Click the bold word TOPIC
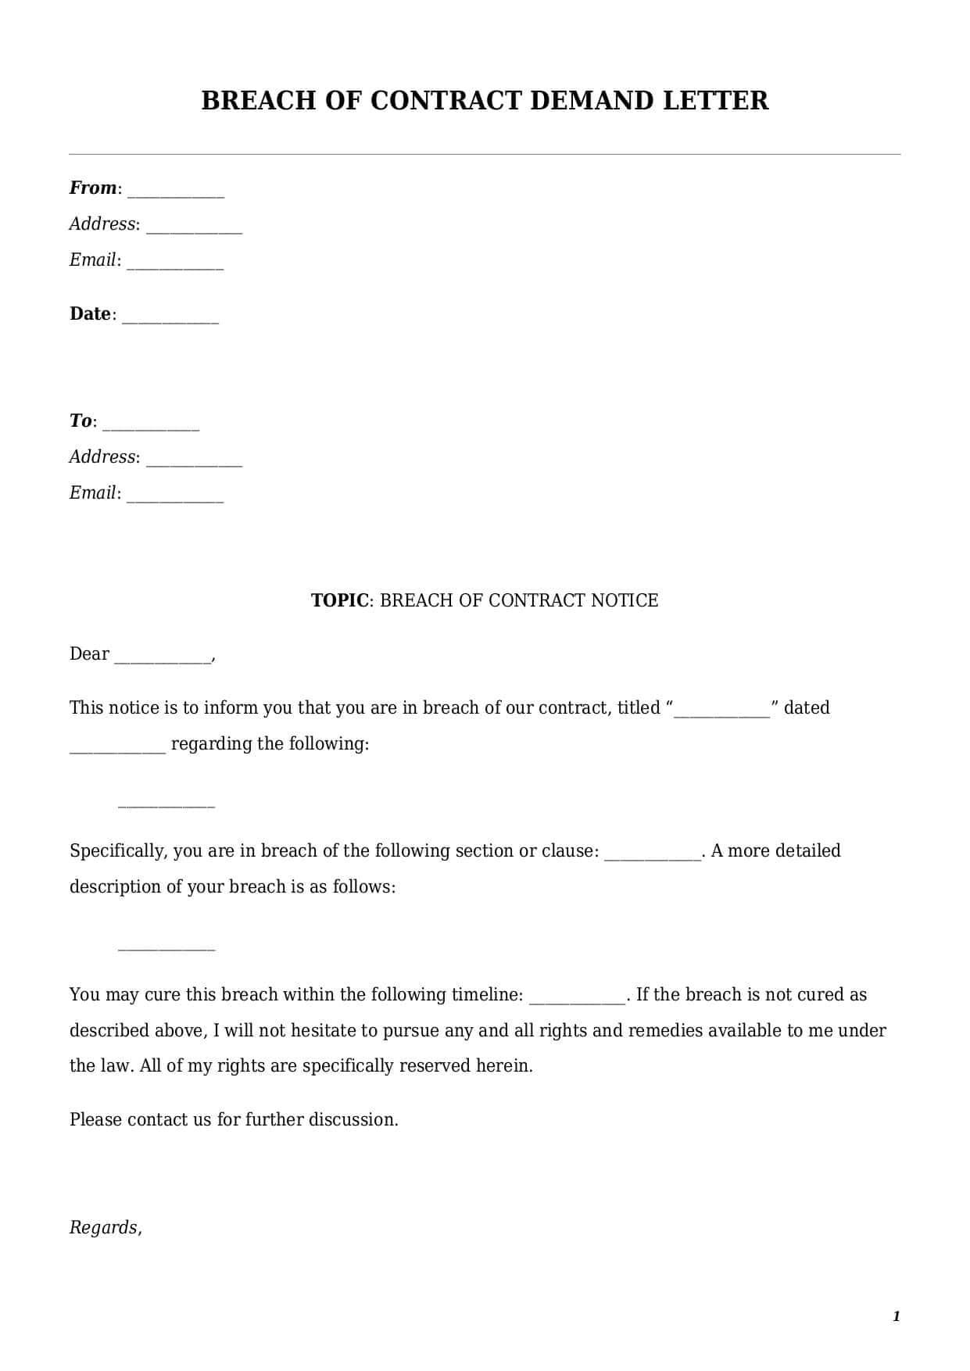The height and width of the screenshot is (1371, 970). (x=340, y=600)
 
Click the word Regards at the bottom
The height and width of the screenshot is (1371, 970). (x=104, y=1227)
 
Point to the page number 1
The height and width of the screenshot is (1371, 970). (x=897, y=1316)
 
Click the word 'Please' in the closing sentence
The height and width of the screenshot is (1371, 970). (x=95, y=1119)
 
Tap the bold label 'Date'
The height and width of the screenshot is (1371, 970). (x=90, y=313)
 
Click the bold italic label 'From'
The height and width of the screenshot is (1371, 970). (x=92, y=188)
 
